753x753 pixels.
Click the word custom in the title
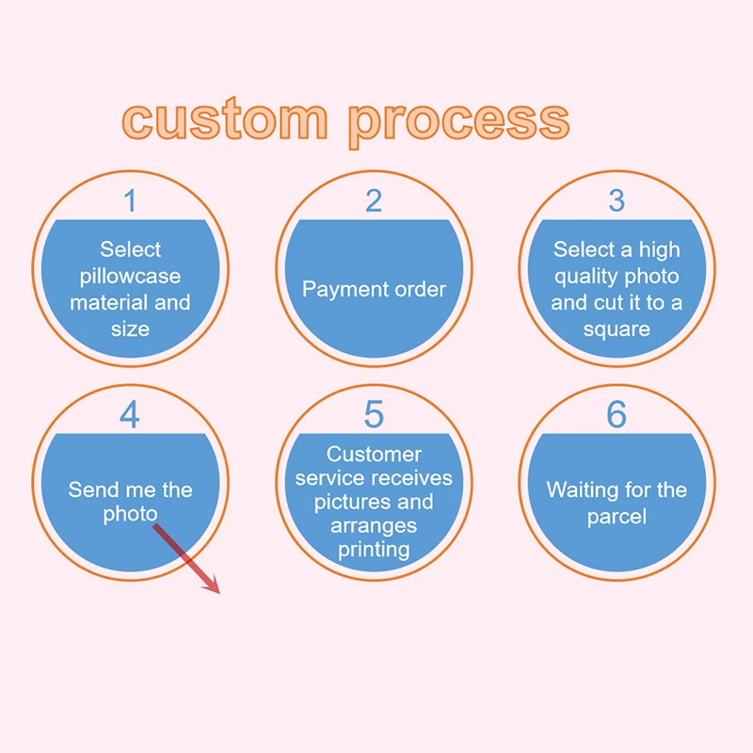(x=225, y=120)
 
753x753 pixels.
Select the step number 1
(x=130, y=200)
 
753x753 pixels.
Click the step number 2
(x=374, y=200)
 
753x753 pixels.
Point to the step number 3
(x=617, y=200)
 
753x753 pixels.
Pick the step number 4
(x=130, y=415)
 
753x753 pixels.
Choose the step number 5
(x=374, y=415)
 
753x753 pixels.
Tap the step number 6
(x=617, y=415)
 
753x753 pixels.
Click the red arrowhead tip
(x=217, y=593)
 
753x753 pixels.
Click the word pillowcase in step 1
(x=130, y=277)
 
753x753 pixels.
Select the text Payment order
(x=374, y=289)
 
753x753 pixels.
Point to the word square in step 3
(x=617, y=329)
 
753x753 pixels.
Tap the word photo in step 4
(x=130, y=516)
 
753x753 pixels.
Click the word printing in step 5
(x=374, y=549)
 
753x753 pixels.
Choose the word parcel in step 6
(x=617, y=517)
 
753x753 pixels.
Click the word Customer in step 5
(x=374, y=455)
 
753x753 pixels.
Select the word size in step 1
(x=130, y=329)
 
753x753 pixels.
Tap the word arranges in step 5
(x=374, y=525)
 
